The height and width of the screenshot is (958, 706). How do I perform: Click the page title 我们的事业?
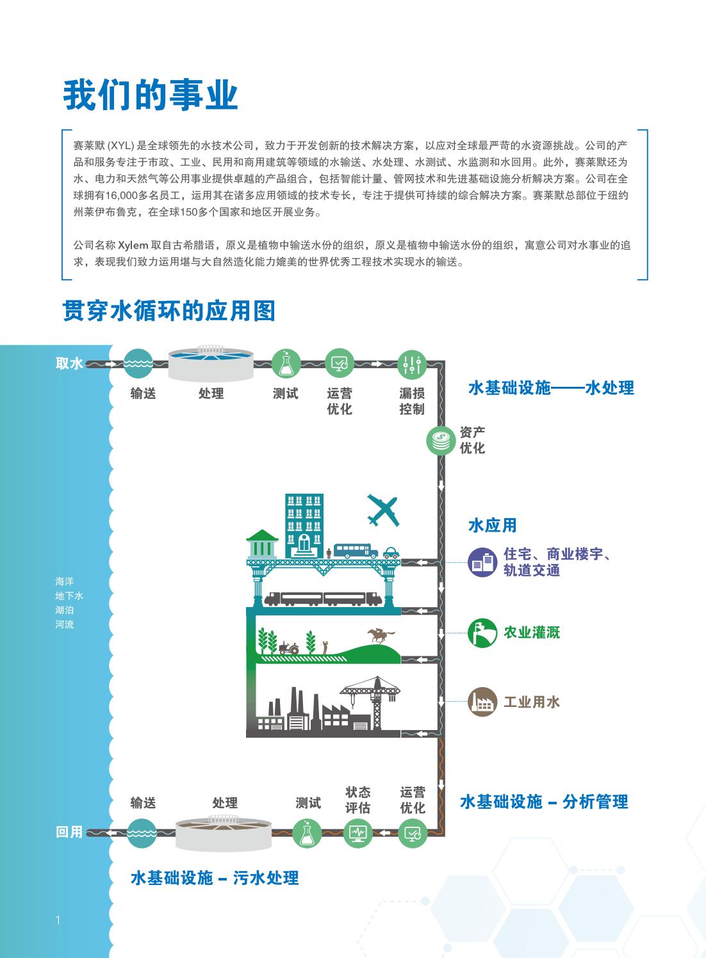(150, 95)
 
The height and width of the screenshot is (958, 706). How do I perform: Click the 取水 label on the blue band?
(69, 364)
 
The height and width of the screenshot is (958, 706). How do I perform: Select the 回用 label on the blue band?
(69, 832)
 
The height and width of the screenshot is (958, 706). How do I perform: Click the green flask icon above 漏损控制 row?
(286, 364)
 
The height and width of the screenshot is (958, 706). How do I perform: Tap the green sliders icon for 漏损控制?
(411, 364)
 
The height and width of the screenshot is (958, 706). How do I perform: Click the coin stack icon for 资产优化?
(441, 441)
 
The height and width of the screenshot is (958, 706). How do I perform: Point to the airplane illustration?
(383, 510)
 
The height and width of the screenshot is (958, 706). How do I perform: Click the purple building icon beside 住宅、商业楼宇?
(482, 562)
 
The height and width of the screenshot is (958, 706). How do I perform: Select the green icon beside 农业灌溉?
(482, 633)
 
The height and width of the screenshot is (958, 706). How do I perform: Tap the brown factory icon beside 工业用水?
(482, 702)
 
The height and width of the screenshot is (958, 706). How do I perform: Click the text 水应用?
(493, 525)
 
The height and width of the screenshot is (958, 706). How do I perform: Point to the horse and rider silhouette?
(380, 635)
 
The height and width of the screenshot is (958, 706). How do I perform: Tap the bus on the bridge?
(356, 551)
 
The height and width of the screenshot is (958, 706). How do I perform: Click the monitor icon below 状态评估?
(357, 832)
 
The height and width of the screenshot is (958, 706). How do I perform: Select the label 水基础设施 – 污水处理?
(215, 878)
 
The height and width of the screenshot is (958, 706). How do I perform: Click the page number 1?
(58, 920)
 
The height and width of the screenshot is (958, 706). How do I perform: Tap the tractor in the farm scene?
(289, 648)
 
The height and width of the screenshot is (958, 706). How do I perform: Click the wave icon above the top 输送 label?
(138, 363)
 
